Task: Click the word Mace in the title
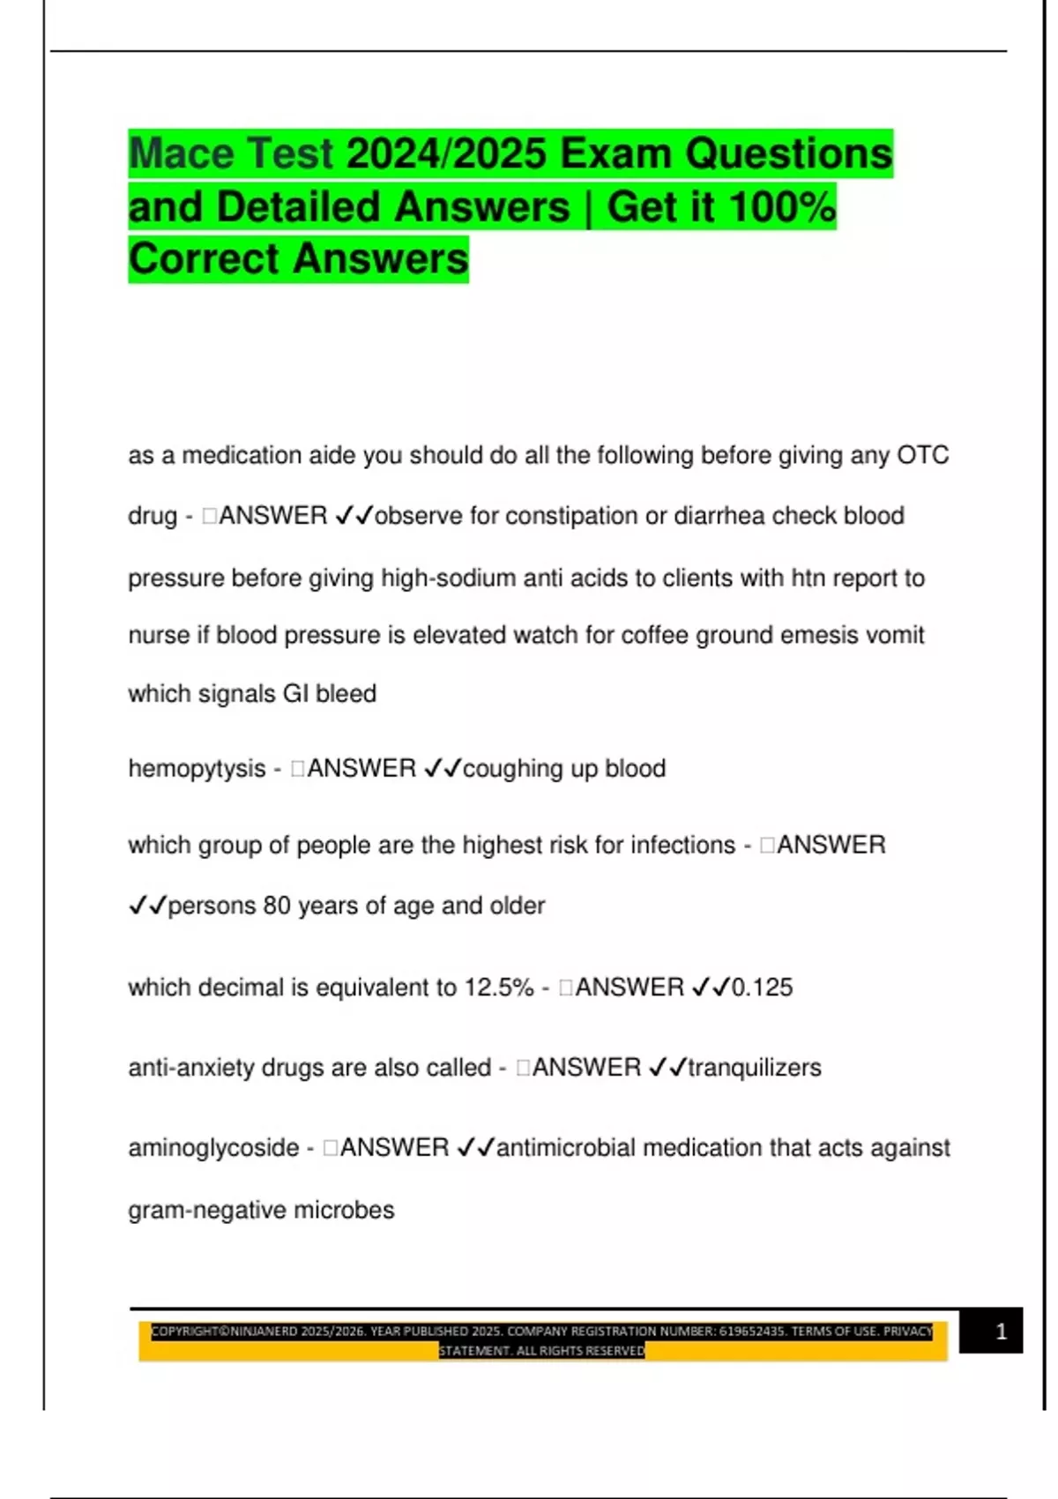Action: pos(182,153)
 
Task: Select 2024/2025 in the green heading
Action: pos(447,153)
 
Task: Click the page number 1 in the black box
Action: pos(1001,1331)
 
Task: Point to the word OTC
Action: pos(922,456)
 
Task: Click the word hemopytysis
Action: pos(197,769)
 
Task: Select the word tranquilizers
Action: pos(755,1068)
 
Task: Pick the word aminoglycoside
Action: pos(213,1148)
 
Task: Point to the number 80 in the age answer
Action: pos(277,906)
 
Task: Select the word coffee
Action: pos(654,636)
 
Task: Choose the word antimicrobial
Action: pos(566,1148)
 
